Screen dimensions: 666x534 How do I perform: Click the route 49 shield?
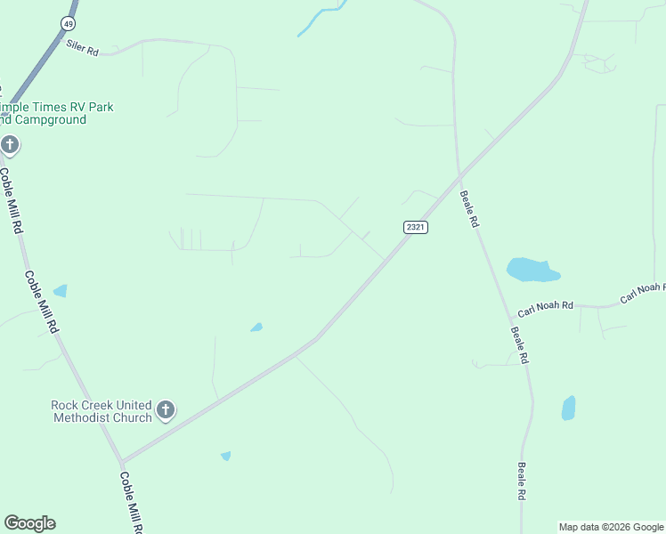pyautogui.click(x=69, y=21)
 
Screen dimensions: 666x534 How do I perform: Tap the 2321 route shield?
pyautogui.click(x=416, y=227)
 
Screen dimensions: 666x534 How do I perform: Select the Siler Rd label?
pyautogui.click(x=82, y=47)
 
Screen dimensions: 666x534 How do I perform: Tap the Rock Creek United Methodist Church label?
pyautogui.click(x=101, y=411)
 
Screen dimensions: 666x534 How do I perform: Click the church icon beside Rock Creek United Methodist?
pyautogui.click(x=165, y=409)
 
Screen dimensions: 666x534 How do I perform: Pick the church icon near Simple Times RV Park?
pyautogui.click(x=10, y=143)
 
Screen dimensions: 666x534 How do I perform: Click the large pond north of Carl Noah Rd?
pyautogui.click(x=531, y=270)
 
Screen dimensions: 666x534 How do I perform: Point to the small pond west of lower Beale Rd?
pyautogui.click(x=568, y=408)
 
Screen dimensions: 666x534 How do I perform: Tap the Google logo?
pyautogui.click(x=29, y=523)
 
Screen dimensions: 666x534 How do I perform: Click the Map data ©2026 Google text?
pyautogui.click(x=611, y=527)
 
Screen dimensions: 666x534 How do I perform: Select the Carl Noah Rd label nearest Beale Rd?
pyautogui.click(x=548, y=304)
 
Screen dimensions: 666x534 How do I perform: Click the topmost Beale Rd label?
pyautogui.click(x=469, y=209)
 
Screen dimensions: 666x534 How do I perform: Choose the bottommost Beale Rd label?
pyautogui.click(x=522, y=481)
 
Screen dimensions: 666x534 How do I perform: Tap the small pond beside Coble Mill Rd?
pyautogui.click(x=60, y=290)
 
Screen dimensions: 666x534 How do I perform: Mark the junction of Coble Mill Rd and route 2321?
pyautogui.click(x=122, y=461)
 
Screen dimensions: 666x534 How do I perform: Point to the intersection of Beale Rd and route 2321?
pyautogui.click(x=459, y=174)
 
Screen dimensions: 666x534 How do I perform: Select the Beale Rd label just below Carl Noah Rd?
pyautogui.click(x=519, y=345)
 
